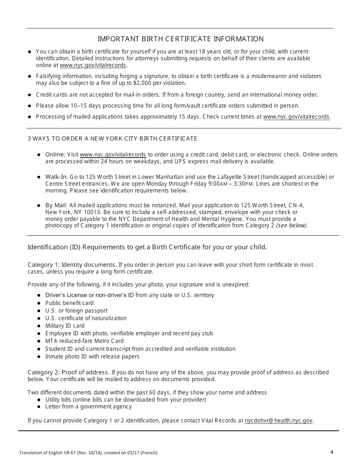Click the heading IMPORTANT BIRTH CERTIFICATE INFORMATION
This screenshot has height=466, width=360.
pyautogui.click(x=181, y=39)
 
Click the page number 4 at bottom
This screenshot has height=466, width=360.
pyautogui.click(x=332, y=452)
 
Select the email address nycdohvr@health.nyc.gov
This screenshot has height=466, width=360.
pyautogui.click(x=279, y=421)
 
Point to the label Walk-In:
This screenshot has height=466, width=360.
pyautogui.click(x=56, y=177)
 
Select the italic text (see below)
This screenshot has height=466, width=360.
pyautogui.click(x=292, y=226)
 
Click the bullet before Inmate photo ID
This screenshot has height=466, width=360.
pyautogui.click(x=39, y=357)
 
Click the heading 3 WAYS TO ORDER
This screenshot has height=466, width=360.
pyautogui.click(x=113, y=139)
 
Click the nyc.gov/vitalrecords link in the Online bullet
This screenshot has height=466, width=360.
pyautogui.click(x=113, y=155)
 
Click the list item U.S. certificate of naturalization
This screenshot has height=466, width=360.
pyautogui.click(x=86, y=318)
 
